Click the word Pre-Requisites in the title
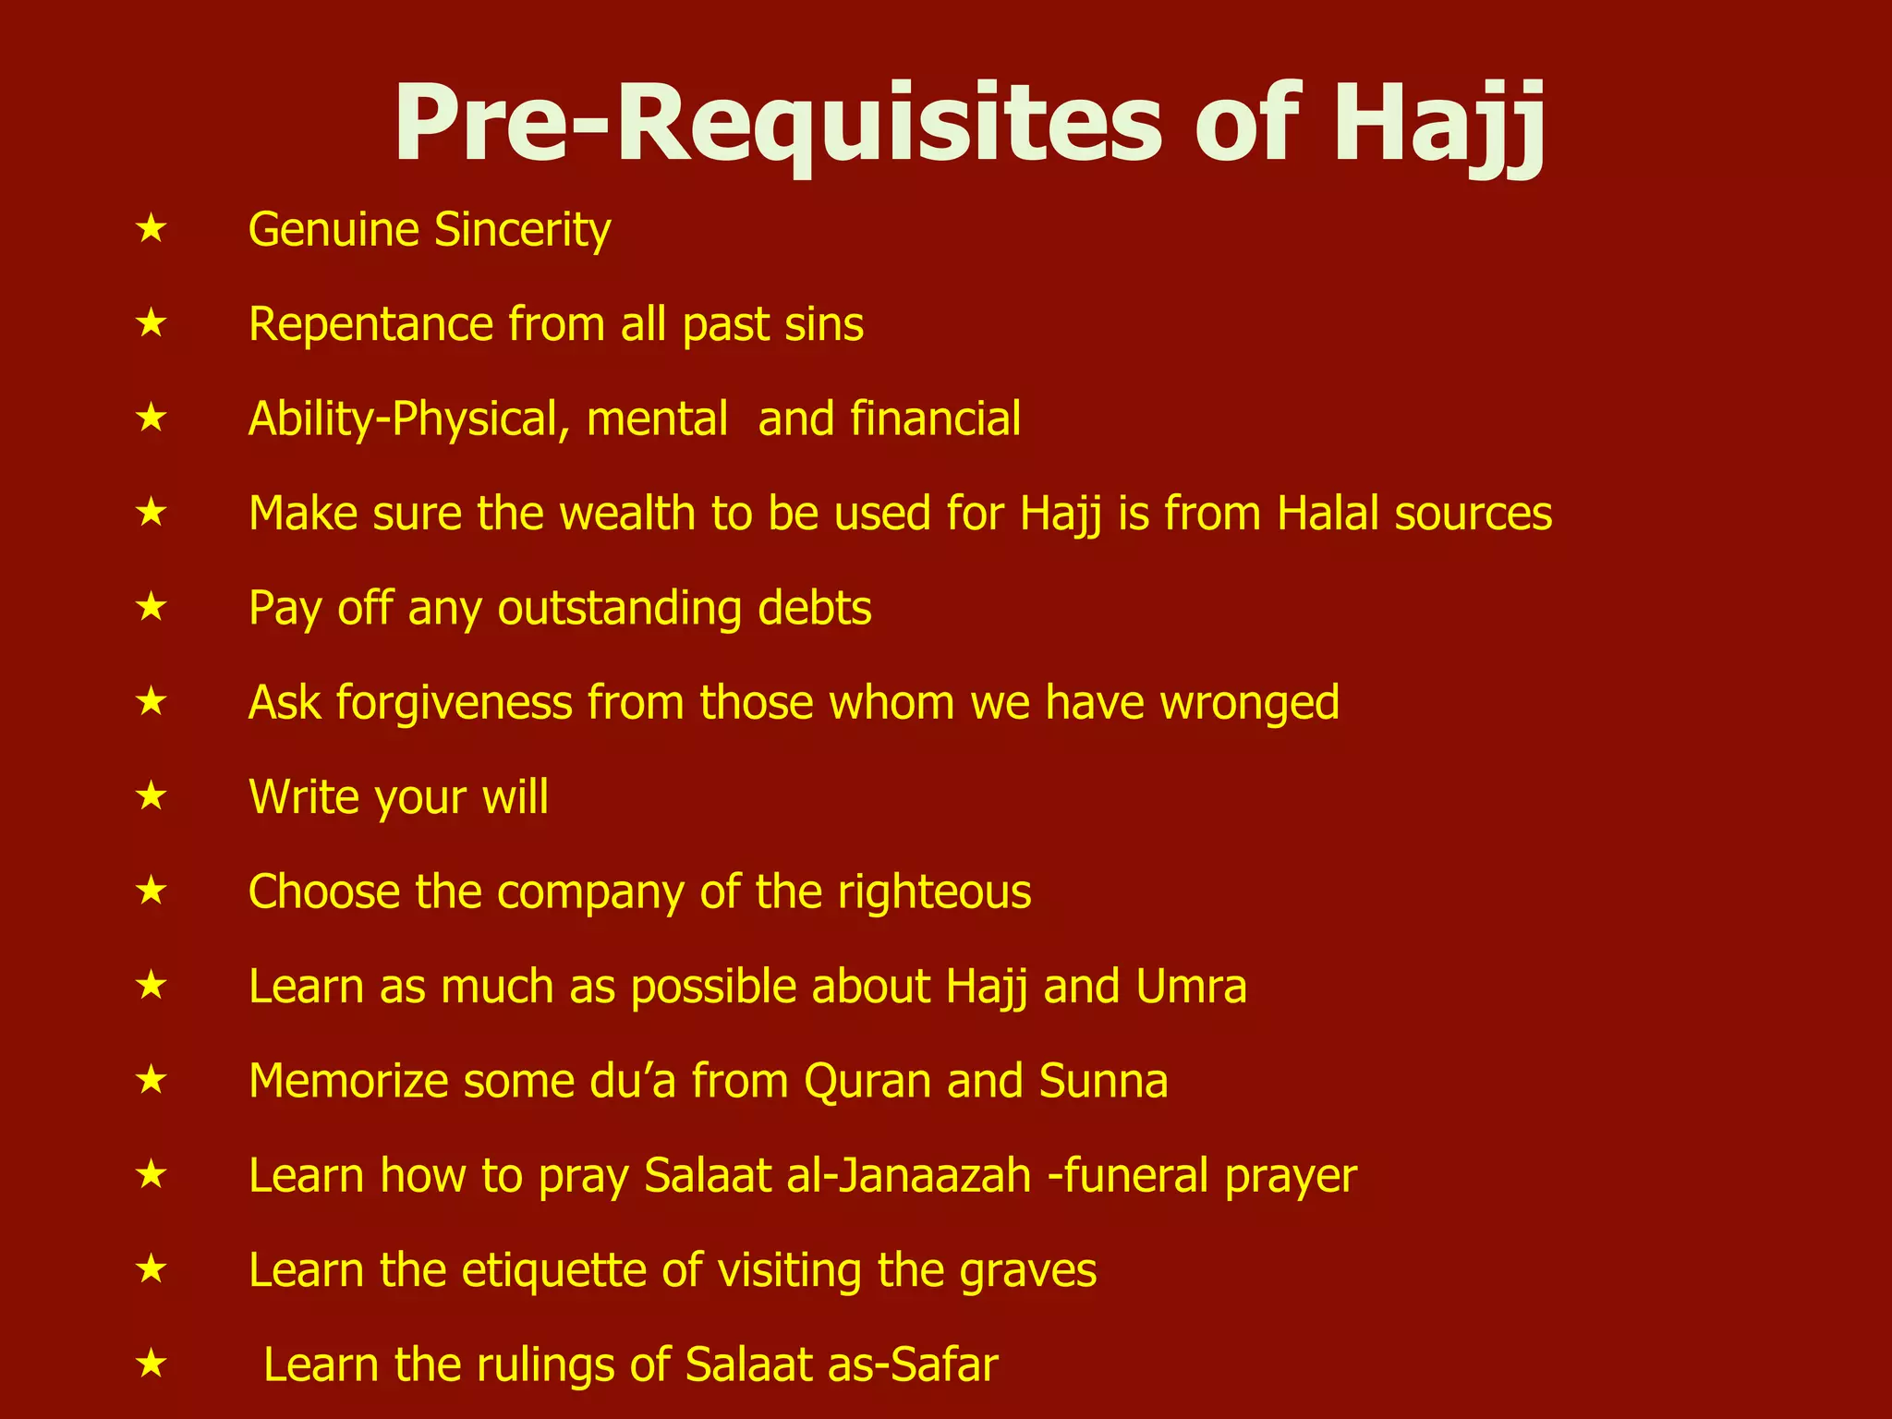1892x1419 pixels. (777, 126)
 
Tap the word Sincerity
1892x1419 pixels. (522, 230)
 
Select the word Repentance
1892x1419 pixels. (370, 325)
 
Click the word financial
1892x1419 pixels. (935, 419)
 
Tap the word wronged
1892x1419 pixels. (1249, 703)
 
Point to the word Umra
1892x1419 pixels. (1191, 987)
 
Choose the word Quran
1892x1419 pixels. (867, 1082)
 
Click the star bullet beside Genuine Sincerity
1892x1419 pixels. (151, 228)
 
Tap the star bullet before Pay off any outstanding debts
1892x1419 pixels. (151, 607)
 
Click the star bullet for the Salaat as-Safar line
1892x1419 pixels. (151, 1364)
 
